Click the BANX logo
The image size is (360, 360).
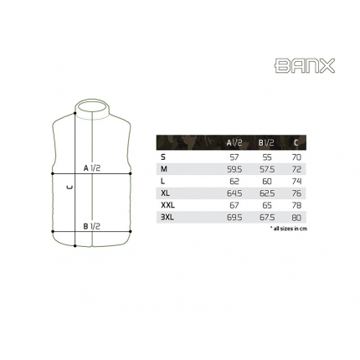305,65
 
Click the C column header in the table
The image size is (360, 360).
296,143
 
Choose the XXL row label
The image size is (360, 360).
167,204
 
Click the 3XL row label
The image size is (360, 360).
167,217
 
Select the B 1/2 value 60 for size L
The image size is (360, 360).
267,181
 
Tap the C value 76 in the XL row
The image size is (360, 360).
296,193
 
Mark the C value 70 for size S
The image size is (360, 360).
296,157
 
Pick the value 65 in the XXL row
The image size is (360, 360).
267,204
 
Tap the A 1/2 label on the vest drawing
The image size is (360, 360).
92,167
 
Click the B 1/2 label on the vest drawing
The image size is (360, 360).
92,226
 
